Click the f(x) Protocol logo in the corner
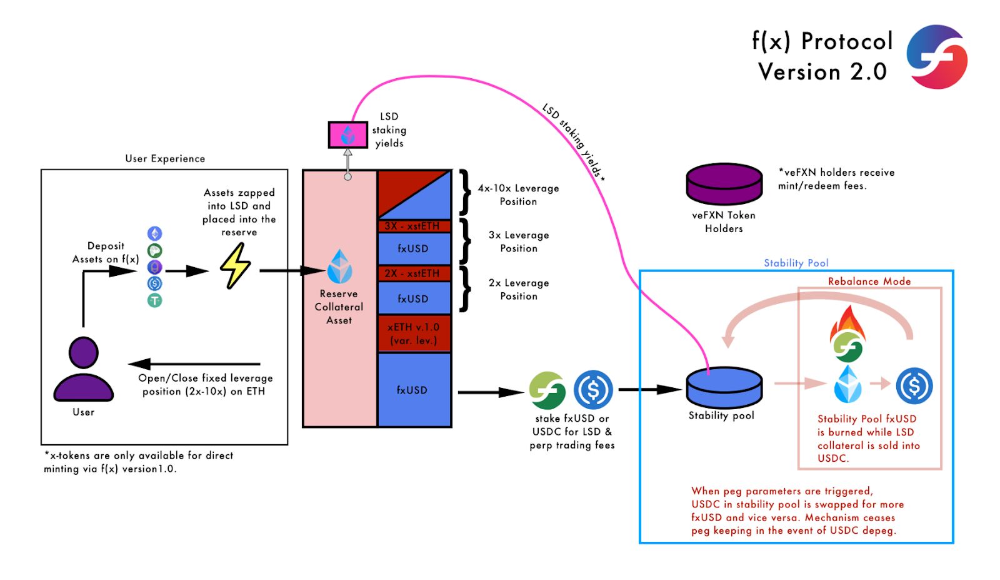[937, 57]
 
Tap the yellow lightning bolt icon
[235, 265]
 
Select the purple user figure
[84, 369]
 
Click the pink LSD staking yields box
[347, 135]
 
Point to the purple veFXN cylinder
[724, 184]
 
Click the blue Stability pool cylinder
[724, 387]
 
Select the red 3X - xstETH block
[414, 226]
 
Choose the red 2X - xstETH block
[414, 273]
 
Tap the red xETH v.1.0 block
[414, 333]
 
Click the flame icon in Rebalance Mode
[847, 323]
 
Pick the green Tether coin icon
[154, 300]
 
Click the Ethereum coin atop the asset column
[154, 233]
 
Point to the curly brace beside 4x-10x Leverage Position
[465, 192]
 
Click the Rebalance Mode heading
[869, 281]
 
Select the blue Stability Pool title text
[796, 263]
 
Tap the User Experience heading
[165, 159]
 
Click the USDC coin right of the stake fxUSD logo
[593, 390]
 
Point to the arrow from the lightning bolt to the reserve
[292, 270]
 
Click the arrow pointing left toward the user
[194, 364]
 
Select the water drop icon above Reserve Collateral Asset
[339, 267]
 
